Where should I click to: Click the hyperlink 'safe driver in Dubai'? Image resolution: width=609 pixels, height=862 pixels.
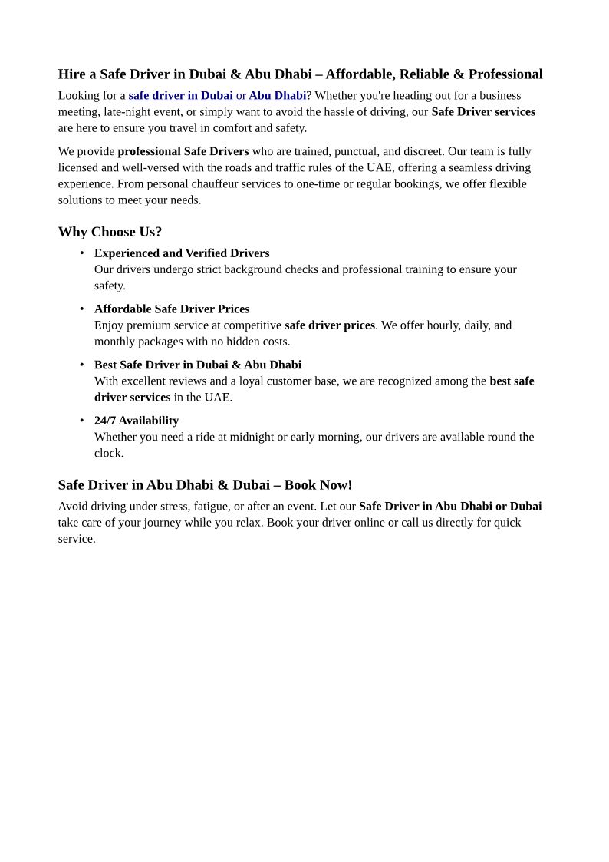(180, 96)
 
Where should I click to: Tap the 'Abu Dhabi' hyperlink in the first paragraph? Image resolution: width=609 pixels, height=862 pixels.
(277, 96)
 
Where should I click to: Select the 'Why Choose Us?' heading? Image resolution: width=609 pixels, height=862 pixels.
(110, 232)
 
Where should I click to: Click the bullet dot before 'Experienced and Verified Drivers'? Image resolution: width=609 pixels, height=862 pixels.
(82, 253)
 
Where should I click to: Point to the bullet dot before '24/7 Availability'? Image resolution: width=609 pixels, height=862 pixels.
(82, 421)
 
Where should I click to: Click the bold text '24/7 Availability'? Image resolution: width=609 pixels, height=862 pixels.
(137, 421)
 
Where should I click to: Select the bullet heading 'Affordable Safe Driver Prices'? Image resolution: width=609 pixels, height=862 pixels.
(172, 309)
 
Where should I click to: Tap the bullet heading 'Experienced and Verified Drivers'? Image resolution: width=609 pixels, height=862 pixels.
(182, 253)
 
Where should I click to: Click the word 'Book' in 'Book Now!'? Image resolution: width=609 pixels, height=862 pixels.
(300, 485)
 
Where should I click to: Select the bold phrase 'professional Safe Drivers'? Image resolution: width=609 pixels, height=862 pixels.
(183, 152)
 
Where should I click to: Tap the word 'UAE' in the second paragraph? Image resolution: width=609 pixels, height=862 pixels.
(379, 168)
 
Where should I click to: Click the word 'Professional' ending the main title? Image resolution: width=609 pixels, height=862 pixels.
(505, 74)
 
